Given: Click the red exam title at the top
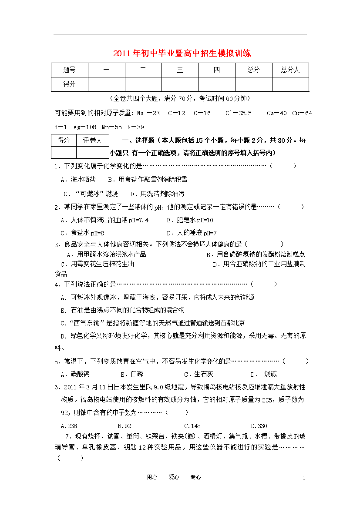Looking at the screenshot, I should tap(182, 54).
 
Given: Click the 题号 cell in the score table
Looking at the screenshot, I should tap(69, 70).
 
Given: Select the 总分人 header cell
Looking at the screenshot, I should tap(290, 70).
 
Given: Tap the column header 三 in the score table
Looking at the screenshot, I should tap(180, 70).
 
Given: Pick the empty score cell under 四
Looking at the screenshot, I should tap(217, 84).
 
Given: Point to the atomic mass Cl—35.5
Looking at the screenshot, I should tap(238, 113).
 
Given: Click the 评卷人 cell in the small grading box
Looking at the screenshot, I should tap(92, 140).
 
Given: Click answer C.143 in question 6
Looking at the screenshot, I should tap(192, 426).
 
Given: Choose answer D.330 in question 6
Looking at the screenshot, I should tap(259, 426).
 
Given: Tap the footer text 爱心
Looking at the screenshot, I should tap(174, 477).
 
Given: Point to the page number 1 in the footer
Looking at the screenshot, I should tap(304, 478).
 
